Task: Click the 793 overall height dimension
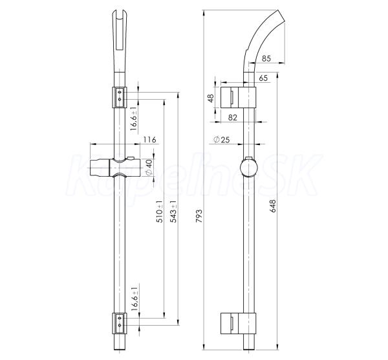point(199,216)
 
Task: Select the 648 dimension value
point(272,206)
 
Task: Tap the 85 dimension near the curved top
point(266,58)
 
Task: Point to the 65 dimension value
point(263,78)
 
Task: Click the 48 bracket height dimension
point(211,98)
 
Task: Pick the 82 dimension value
point(233,117)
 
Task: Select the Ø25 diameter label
point(221,140)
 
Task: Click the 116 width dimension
point(149,140)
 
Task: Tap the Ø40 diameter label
point(149,168)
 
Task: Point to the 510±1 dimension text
point(160,212)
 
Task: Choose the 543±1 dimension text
point(174,212)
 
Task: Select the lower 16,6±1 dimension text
point(135,299)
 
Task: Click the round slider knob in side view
point(249,167)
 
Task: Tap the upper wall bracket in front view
point(120,97)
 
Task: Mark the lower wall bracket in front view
point(120,323)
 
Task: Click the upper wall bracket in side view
point(238,97)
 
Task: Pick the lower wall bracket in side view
point(238,323)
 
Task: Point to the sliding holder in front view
point(115,167)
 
